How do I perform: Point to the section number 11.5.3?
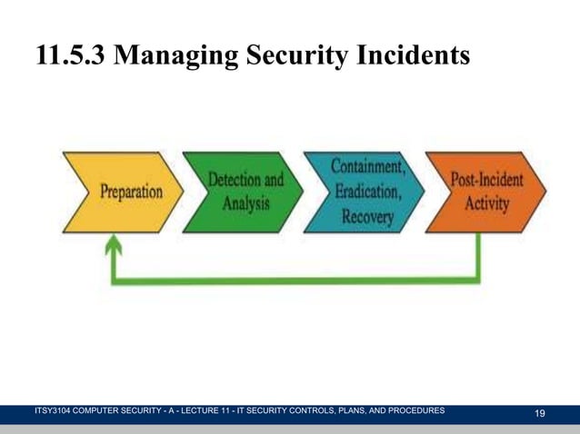click(72, 56)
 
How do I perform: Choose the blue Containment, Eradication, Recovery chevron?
click(364, 192)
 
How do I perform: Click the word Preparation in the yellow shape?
click(131, 193)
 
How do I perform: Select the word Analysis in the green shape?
click(245, 203)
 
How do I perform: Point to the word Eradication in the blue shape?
click(369, 192)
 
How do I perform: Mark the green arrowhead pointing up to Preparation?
click(114, 243)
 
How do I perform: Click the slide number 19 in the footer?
click(540, 414)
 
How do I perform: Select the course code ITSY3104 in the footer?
click(55, 411)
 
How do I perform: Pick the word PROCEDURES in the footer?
click(412, 411)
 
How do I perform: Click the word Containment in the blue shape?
click(367, 168)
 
